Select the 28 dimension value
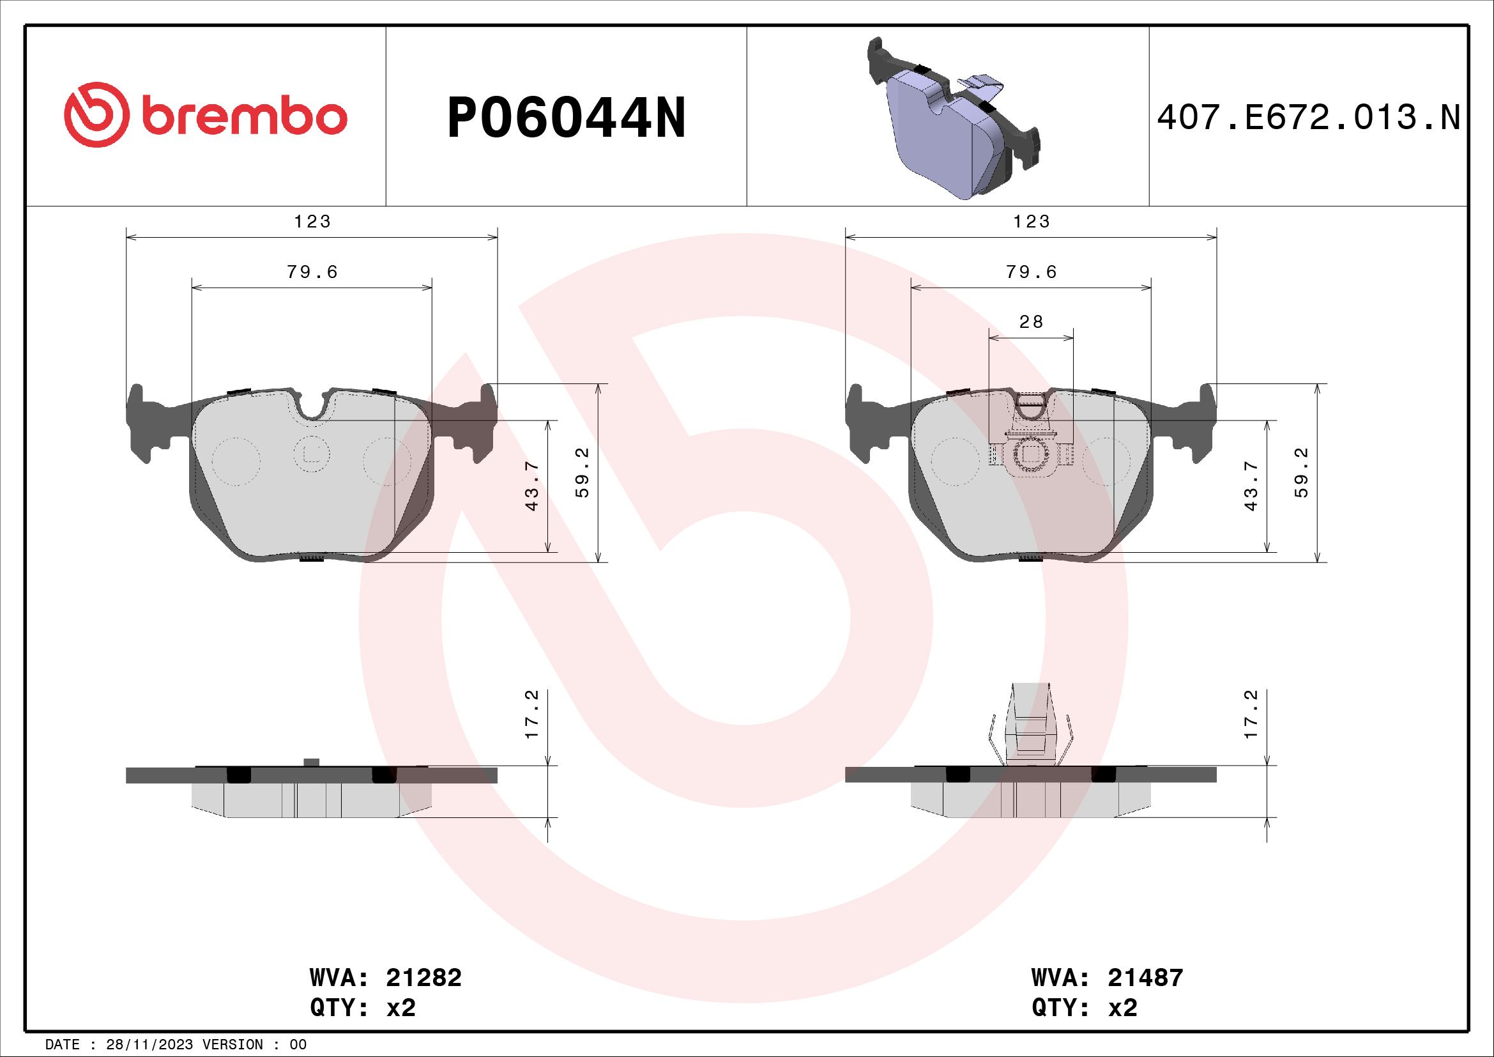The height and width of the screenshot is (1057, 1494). click(1032, 322)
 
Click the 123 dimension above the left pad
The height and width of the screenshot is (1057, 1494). click(312, 222)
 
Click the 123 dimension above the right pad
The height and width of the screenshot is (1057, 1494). click(1032, 222)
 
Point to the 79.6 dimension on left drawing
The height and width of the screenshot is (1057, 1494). click(312, 272)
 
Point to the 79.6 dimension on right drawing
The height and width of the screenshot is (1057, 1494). click(1032, 272)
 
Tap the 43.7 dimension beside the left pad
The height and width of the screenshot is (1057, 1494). click(532, 487)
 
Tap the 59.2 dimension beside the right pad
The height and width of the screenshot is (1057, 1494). click(1301, 472)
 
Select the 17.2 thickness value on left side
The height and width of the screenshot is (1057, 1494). click(532, 714)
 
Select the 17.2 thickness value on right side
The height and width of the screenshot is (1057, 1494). click(1251, 714)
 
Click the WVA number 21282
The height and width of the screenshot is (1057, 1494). click(423, 978)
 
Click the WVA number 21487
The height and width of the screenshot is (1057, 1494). click(1145, 978)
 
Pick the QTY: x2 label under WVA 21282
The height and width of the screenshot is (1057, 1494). click(363, 1008)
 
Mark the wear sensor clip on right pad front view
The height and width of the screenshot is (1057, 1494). click(1032, 449)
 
